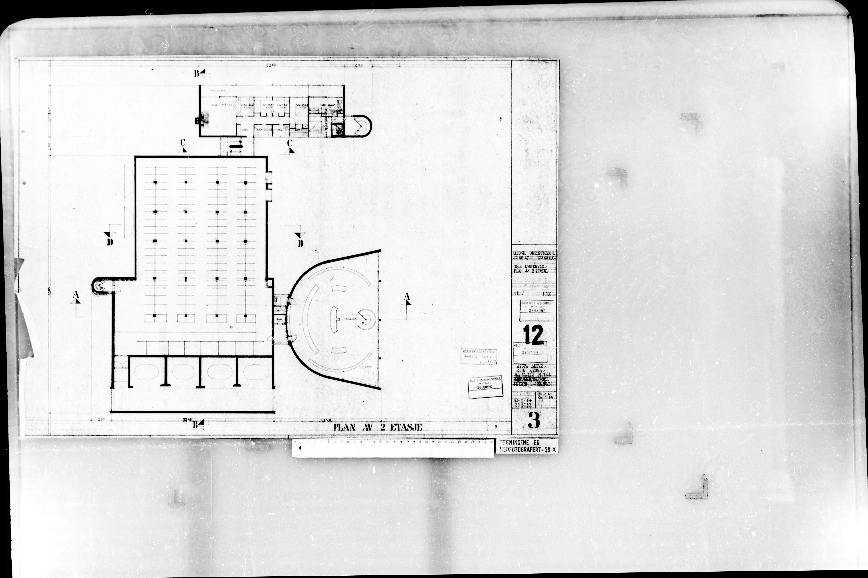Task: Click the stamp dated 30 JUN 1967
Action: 485,388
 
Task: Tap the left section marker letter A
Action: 76,295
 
